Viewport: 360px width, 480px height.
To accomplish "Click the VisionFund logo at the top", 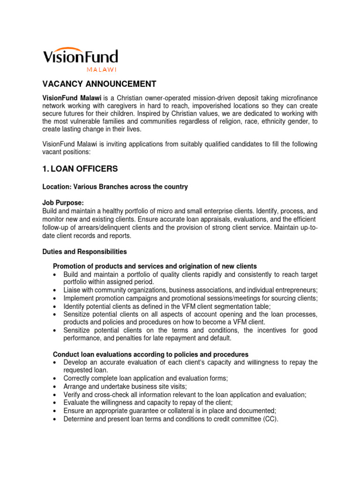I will click(x=80, y=57).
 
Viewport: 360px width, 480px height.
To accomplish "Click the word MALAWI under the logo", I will click(x=101, y=69).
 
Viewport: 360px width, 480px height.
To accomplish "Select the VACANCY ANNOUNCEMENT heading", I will click(x=99, y=84).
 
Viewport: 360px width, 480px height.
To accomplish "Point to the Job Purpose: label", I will click(x=63, y=203).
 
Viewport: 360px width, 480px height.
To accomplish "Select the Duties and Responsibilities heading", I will click(x=84, y=252).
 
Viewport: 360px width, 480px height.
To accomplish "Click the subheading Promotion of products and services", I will click(x=155, y=266).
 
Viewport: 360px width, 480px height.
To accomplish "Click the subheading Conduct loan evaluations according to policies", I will click(x=150, y=354).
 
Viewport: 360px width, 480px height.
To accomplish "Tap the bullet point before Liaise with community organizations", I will click(x=56, y=291).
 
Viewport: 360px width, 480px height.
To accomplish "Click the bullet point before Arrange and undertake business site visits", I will click(x=56, y=387).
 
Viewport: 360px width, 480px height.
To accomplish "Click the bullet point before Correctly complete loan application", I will click(x=56, y=379).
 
